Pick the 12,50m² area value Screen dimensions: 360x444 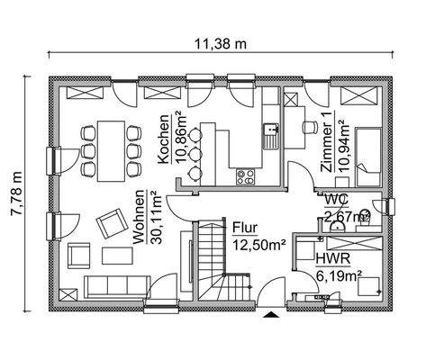pos(258,242)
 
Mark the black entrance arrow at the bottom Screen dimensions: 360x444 pos(270,315)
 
